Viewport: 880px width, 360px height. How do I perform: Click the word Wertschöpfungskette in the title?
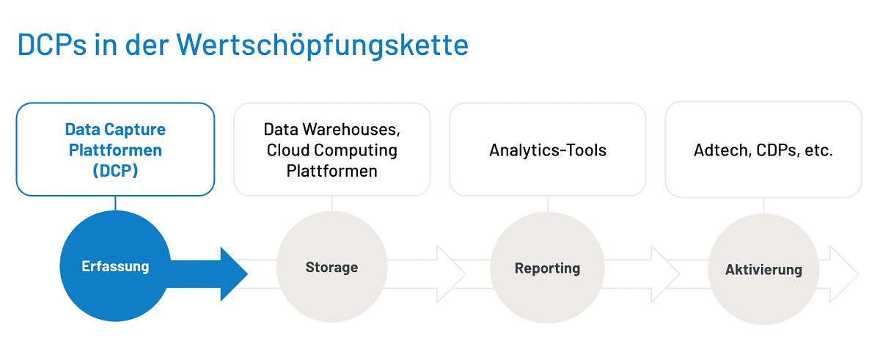[323, 45]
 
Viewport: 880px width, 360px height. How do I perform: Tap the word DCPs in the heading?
[52, 45]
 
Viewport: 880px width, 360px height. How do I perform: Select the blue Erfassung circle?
[116, 266]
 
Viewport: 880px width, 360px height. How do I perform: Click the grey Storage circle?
[332, 267]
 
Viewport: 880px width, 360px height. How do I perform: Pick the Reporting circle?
[547, 268]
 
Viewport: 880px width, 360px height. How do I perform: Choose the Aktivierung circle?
[763, 269]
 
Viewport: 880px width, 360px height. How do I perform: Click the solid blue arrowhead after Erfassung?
[234, 274]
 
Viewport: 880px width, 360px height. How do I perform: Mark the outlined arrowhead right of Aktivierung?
[844, 274]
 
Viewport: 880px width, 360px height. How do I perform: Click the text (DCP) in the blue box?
[115, 171]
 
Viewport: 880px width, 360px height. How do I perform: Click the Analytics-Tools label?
[548, 150]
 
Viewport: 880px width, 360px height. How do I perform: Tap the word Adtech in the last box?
[722, 150]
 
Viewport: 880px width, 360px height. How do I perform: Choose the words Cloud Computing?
[332, 150]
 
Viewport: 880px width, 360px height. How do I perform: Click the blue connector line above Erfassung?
[116, 203]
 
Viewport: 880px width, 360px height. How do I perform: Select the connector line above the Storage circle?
[332, 204]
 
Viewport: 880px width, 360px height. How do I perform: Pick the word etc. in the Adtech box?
[818, 150]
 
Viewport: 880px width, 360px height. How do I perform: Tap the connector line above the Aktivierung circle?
[763, 206]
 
